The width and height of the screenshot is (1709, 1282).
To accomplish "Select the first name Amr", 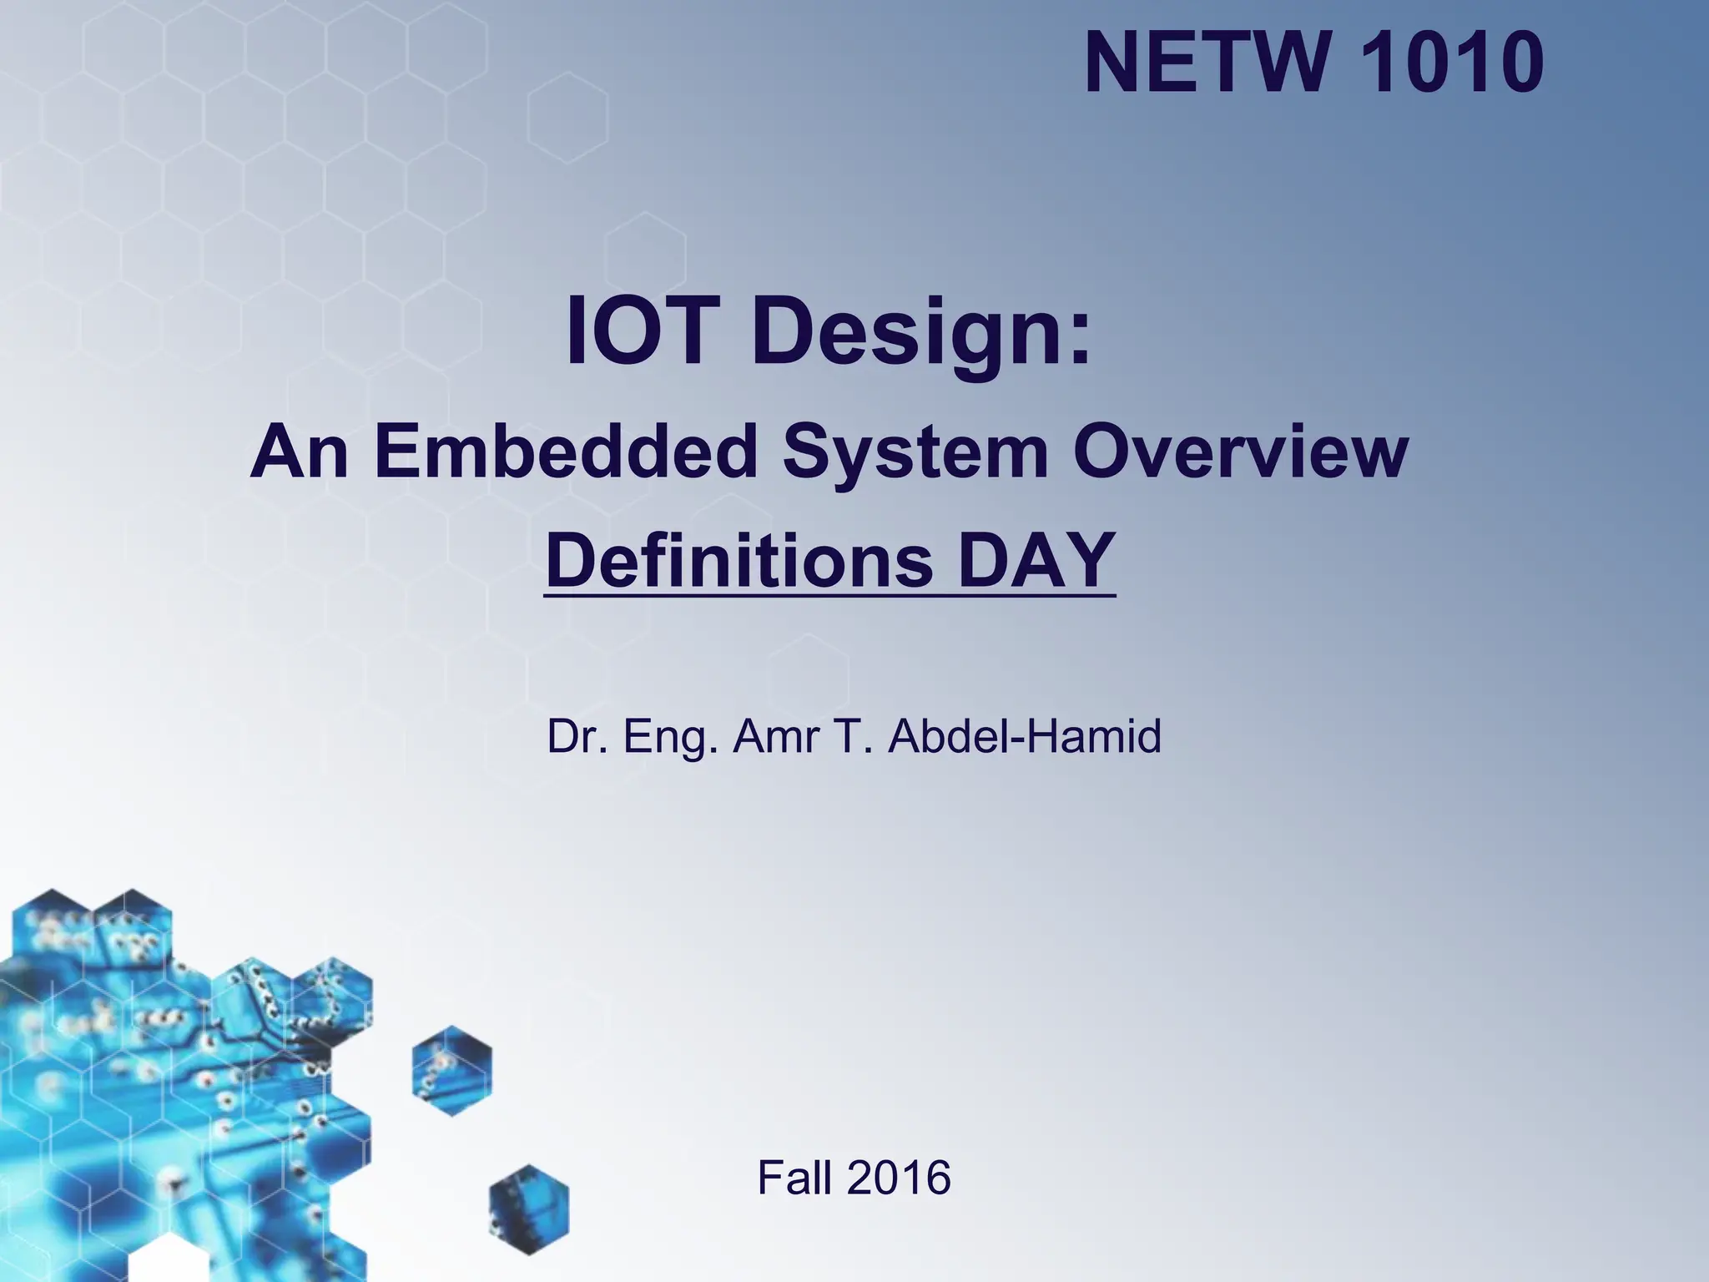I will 773,736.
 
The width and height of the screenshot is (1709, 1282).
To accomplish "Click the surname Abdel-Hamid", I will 1024,736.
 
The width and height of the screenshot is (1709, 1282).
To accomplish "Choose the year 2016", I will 899,1178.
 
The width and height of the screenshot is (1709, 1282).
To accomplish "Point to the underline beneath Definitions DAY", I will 829,595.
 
